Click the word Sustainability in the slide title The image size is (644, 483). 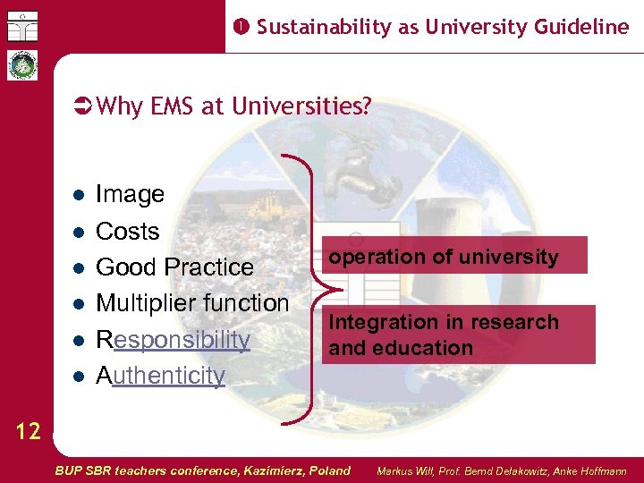pos(324,27)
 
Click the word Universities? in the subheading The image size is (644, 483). pos(301,106)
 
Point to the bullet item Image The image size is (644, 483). pos(130,194)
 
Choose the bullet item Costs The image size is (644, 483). pos(127,231)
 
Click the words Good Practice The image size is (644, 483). pos(174,267)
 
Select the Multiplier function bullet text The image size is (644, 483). pos(191,303)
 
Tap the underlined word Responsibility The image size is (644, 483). pos(173,339)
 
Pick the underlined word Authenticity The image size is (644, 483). pos(160,376)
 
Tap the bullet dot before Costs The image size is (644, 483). pos(78,232)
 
